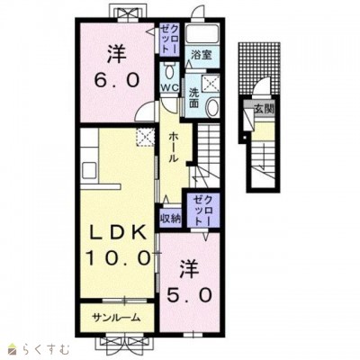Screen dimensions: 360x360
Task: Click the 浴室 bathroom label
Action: [202, 55]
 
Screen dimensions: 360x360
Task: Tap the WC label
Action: [170, 88]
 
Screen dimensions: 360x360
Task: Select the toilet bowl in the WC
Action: [170, 72]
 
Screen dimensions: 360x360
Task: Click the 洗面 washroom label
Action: [193, 98]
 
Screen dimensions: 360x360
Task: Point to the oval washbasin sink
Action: [212, 108]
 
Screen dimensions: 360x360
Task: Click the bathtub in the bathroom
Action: [202, 33]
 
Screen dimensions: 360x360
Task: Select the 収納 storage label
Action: [170, 219]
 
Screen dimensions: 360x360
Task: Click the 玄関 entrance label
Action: [265, 109]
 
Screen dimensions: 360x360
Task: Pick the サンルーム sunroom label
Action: [116, 318]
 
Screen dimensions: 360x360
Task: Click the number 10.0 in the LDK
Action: [118, 258]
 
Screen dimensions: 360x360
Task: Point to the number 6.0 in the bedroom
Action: [117, 80]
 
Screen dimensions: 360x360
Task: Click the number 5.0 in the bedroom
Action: [189, 295]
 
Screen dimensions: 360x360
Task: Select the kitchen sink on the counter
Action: [89, 170]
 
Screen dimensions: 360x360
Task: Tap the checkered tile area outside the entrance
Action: [260, 65]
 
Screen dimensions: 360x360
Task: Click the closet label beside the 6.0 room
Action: [169, 40]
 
